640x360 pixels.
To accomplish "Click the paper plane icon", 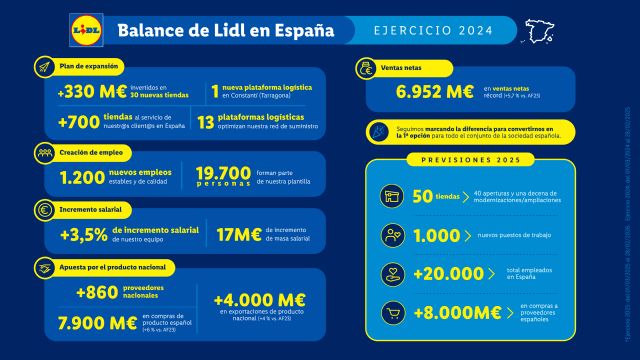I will (x=46, y=66).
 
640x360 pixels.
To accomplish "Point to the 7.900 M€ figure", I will (x=96, y=322).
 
